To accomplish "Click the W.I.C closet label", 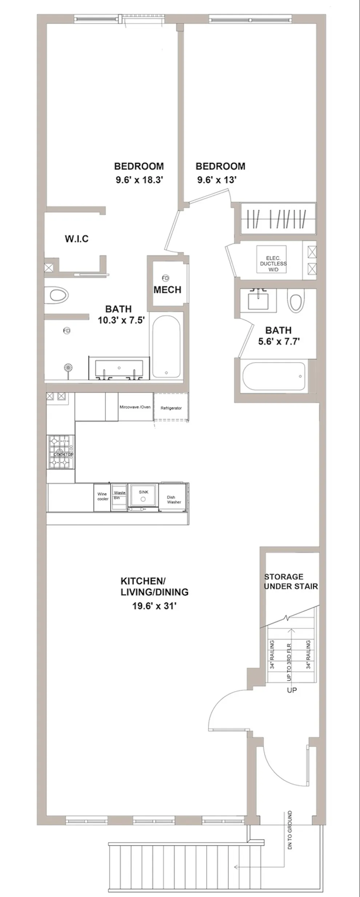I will click(77, 239).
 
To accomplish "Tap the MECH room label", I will click(167, 290).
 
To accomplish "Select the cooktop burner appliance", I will click(61, 452).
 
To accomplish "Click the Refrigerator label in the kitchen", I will click(171, 408).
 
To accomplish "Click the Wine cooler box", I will click(103, 496).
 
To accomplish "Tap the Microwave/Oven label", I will click(135, 407).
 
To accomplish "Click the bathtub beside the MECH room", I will click(166, 347).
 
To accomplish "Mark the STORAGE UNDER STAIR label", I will click(291, 581).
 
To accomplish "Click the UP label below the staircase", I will click(292, 690).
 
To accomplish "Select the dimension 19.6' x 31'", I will click(154, 606).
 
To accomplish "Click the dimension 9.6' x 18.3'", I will click(139, 180).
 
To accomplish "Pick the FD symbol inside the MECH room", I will click(165, 278).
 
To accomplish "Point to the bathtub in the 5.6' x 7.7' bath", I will click(275, 376).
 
